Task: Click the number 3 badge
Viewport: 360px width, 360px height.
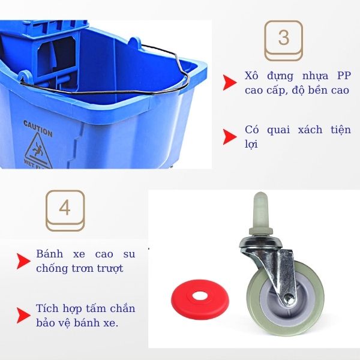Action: [284, 38]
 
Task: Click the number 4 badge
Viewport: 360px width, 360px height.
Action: [65, 209]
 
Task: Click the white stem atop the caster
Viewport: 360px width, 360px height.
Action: [259, 211]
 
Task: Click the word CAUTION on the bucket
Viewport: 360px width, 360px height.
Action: [38, 128]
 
